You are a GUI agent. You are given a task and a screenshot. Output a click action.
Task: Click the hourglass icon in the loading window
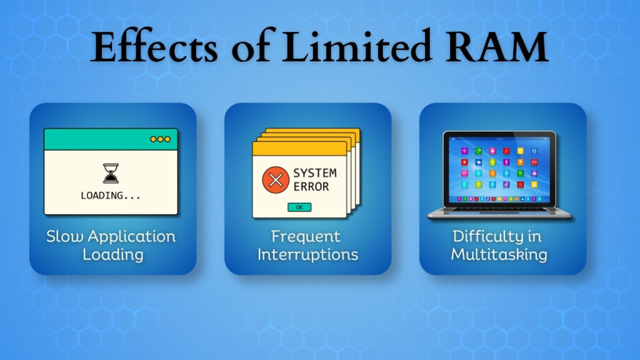pos(111,174)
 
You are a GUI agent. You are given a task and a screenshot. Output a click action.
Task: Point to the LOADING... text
pos(111,196)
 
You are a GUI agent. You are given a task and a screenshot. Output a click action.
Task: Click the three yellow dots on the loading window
pos(160,139)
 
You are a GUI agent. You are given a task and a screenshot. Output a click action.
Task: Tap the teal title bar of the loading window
pos(94,139)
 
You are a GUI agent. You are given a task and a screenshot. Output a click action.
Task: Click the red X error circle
pos(273,179)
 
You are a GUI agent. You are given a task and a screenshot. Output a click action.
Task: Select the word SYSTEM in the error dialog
pos(314,172)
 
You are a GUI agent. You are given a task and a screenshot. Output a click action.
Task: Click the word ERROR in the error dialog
pos(311,186)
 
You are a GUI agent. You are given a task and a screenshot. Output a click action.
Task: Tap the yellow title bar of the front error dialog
pos(299,149)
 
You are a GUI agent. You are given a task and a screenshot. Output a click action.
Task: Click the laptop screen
pos(499,169)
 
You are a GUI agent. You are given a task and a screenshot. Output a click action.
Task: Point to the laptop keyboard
pos(499,209)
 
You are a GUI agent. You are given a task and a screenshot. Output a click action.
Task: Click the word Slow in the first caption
pos(65,237)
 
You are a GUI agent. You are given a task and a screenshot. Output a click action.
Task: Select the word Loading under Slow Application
pos(113,254)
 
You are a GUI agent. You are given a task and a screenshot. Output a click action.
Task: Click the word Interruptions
pos(307,254)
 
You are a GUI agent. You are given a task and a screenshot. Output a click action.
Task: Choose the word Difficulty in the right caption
pos(489,237)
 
